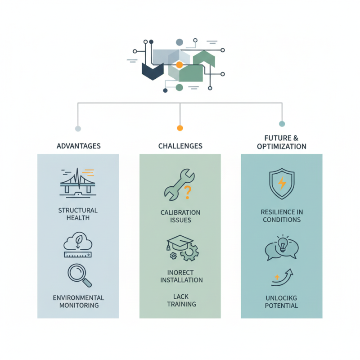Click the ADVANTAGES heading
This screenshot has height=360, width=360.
click(78, 146)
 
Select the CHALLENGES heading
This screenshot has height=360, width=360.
click(180, 146)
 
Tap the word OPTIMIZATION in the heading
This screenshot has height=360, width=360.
click(282, 147)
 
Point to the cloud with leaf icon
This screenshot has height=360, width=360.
click(78, 241)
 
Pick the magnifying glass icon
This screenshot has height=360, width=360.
click(80, 275)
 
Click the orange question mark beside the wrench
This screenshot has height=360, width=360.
click(188, 193)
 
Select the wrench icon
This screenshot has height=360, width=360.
click(179, 185)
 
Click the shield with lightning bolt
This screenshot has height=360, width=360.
click(282, 184)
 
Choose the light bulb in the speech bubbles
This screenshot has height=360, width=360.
click(283, 244)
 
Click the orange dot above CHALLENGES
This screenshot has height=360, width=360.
click(180, 128)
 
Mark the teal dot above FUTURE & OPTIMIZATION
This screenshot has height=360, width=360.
click(282, 124)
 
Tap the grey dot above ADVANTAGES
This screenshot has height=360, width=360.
click(78, 129)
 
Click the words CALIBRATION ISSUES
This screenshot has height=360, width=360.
click(180, 216)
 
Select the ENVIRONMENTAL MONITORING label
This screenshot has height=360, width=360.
click(78, 301)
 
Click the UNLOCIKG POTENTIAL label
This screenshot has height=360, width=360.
click(282, 302)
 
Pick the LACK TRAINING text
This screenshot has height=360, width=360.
click(181, 300)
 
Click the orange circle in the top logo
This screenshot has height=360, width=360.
click(179, 65)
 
